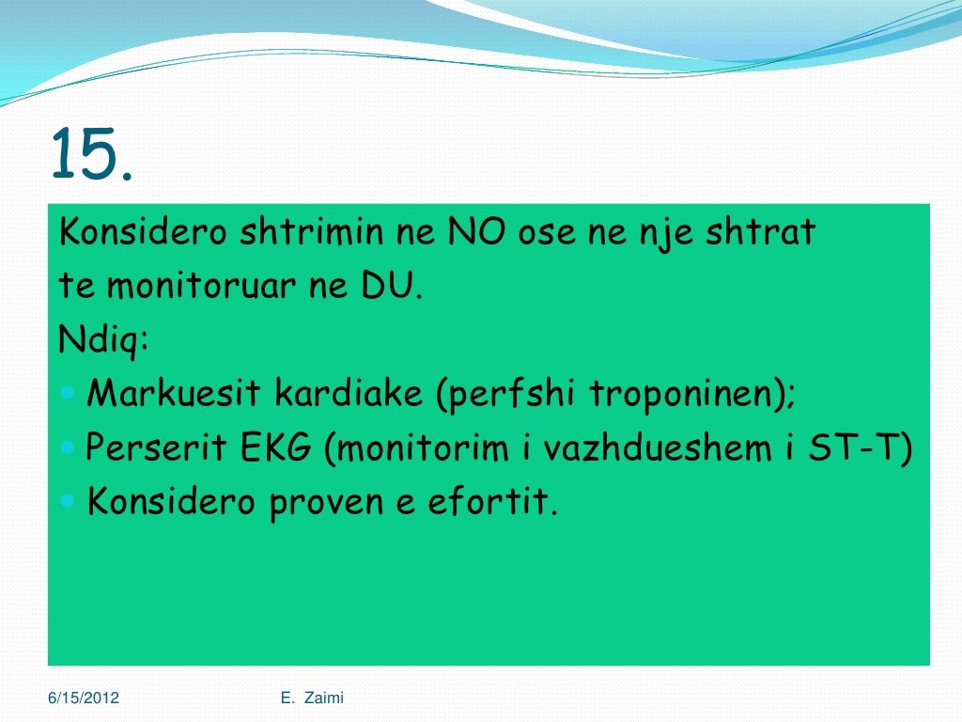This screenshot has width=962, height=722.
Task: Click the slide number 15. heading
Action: pyautogui.click(x=91, y=154)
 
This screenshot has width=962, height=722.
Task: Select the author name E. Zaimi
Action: pyautogui.click(x=312, y=697)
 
